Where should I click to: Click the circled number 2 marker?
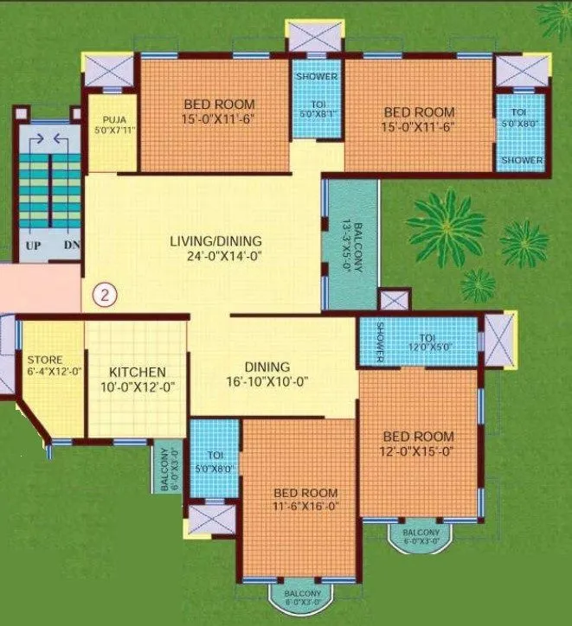105,294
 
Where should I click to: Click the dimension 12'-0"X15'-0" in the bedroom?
419,450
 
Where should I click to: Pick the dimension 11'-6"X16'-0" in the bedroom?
302,507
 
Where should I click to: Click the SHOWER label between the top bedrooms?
316,76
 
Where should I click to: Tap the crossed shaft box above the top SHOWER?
315,37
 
